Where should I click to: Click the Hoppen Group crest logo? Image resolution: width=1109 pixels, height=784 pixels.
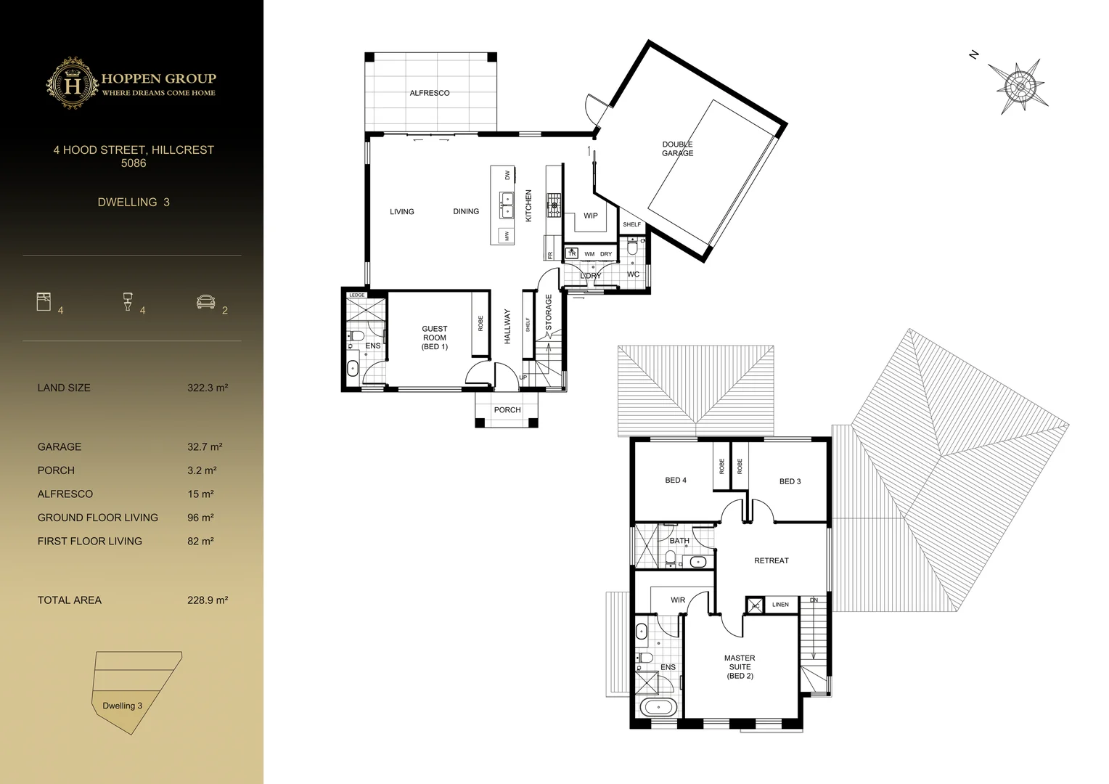coord(73,83)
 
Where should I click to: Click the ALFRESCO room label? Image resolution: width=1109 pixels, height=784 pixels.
coord(430,93)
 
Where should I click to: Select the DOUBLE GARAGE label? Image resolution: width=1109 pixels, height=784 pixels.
coord(677,149)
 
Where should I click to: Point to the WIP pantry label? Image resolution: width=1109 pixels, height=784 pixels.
coord(591,216)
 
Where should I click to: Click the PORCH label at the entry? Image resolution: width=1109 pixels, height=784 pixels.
coord(507,410)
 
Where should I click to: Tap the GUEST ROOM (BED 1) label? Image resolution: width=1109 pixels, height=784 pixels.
coord(435,338)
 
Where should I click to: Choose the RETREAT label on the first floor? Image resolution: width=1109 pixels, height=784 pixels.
coord(771,560)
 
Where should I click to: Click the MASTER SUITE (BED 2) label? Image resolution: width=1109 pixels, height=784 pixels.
coord(740,667)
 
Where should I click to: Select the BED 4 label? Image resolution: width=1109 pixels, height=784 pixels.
coord(676,481)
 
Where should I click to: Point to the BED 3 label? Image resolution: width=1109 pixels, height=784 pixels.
coord(790,481)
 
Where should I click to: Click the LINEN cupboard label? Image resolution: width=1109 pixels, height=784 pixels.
coord(780,604)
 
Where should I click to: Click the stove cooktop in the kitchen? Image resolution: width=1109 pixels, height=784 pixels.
coord(554,205)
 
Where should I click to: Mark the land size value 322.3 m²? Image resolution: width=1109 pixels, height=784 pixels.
coord(208,388)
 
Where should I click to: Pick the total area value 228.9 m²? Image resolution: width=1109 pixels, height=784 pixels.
coord(208,600)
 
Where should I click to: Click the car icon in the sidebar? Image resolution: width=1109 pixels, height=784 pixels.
coord(205,301)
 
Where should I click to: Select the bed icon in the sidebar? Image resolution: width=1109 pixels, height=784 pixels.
coord(44,301)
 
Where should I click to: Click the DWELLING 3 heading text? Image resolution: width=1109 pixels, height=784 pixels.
coord(134,203)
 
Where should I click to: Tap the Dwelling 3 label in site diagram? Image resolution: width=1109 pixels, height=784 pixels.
coord(122,706)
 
